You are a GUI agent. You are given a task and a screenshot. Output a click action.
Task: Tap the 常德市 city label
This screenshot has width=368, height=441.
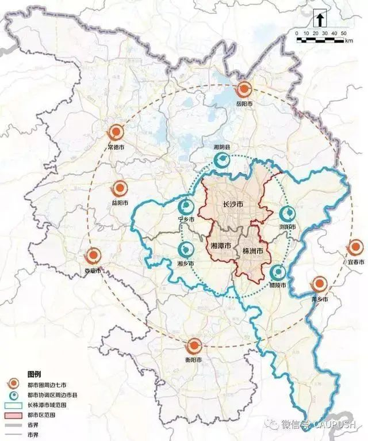tap(116, 147)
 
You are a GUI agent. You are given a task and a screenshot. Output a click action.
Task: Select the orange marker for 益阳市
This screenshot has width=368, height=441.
tap(120, 188)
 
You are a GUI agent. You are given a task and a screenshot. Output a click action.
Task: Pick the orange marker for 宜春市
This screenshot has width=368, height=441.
tap(355, 248)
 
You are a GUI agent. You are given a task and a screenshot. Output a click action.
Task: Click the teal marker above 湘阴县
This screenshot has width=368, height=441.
tap(221, 161)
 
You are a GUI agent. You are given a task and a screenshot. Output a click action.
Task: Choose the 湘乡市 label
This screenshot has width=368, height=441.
tap(186, 264)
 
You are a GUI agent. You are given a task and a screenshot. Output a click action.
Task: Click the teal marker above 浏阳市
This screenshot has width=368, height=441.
tap(287, 213)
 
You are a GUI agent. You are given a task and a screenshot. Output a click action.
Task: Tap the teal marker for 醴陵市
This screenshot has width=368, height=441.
tap(278, 272)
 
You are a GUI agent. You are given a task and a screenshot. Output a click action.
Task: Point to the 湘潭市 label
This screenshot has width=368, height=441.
tap(221, 246)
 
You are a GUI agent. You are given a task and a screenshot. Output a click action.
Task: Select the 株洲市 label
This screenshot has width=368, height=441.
tap(254, 252)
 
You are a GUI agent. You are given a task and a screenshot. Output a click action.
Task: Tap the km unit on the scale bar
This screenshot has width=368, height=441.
tap(349, 41)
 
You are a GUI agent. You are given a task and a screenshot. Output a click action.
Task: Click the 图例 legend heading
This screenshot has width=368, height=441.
tap(34, 374)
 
